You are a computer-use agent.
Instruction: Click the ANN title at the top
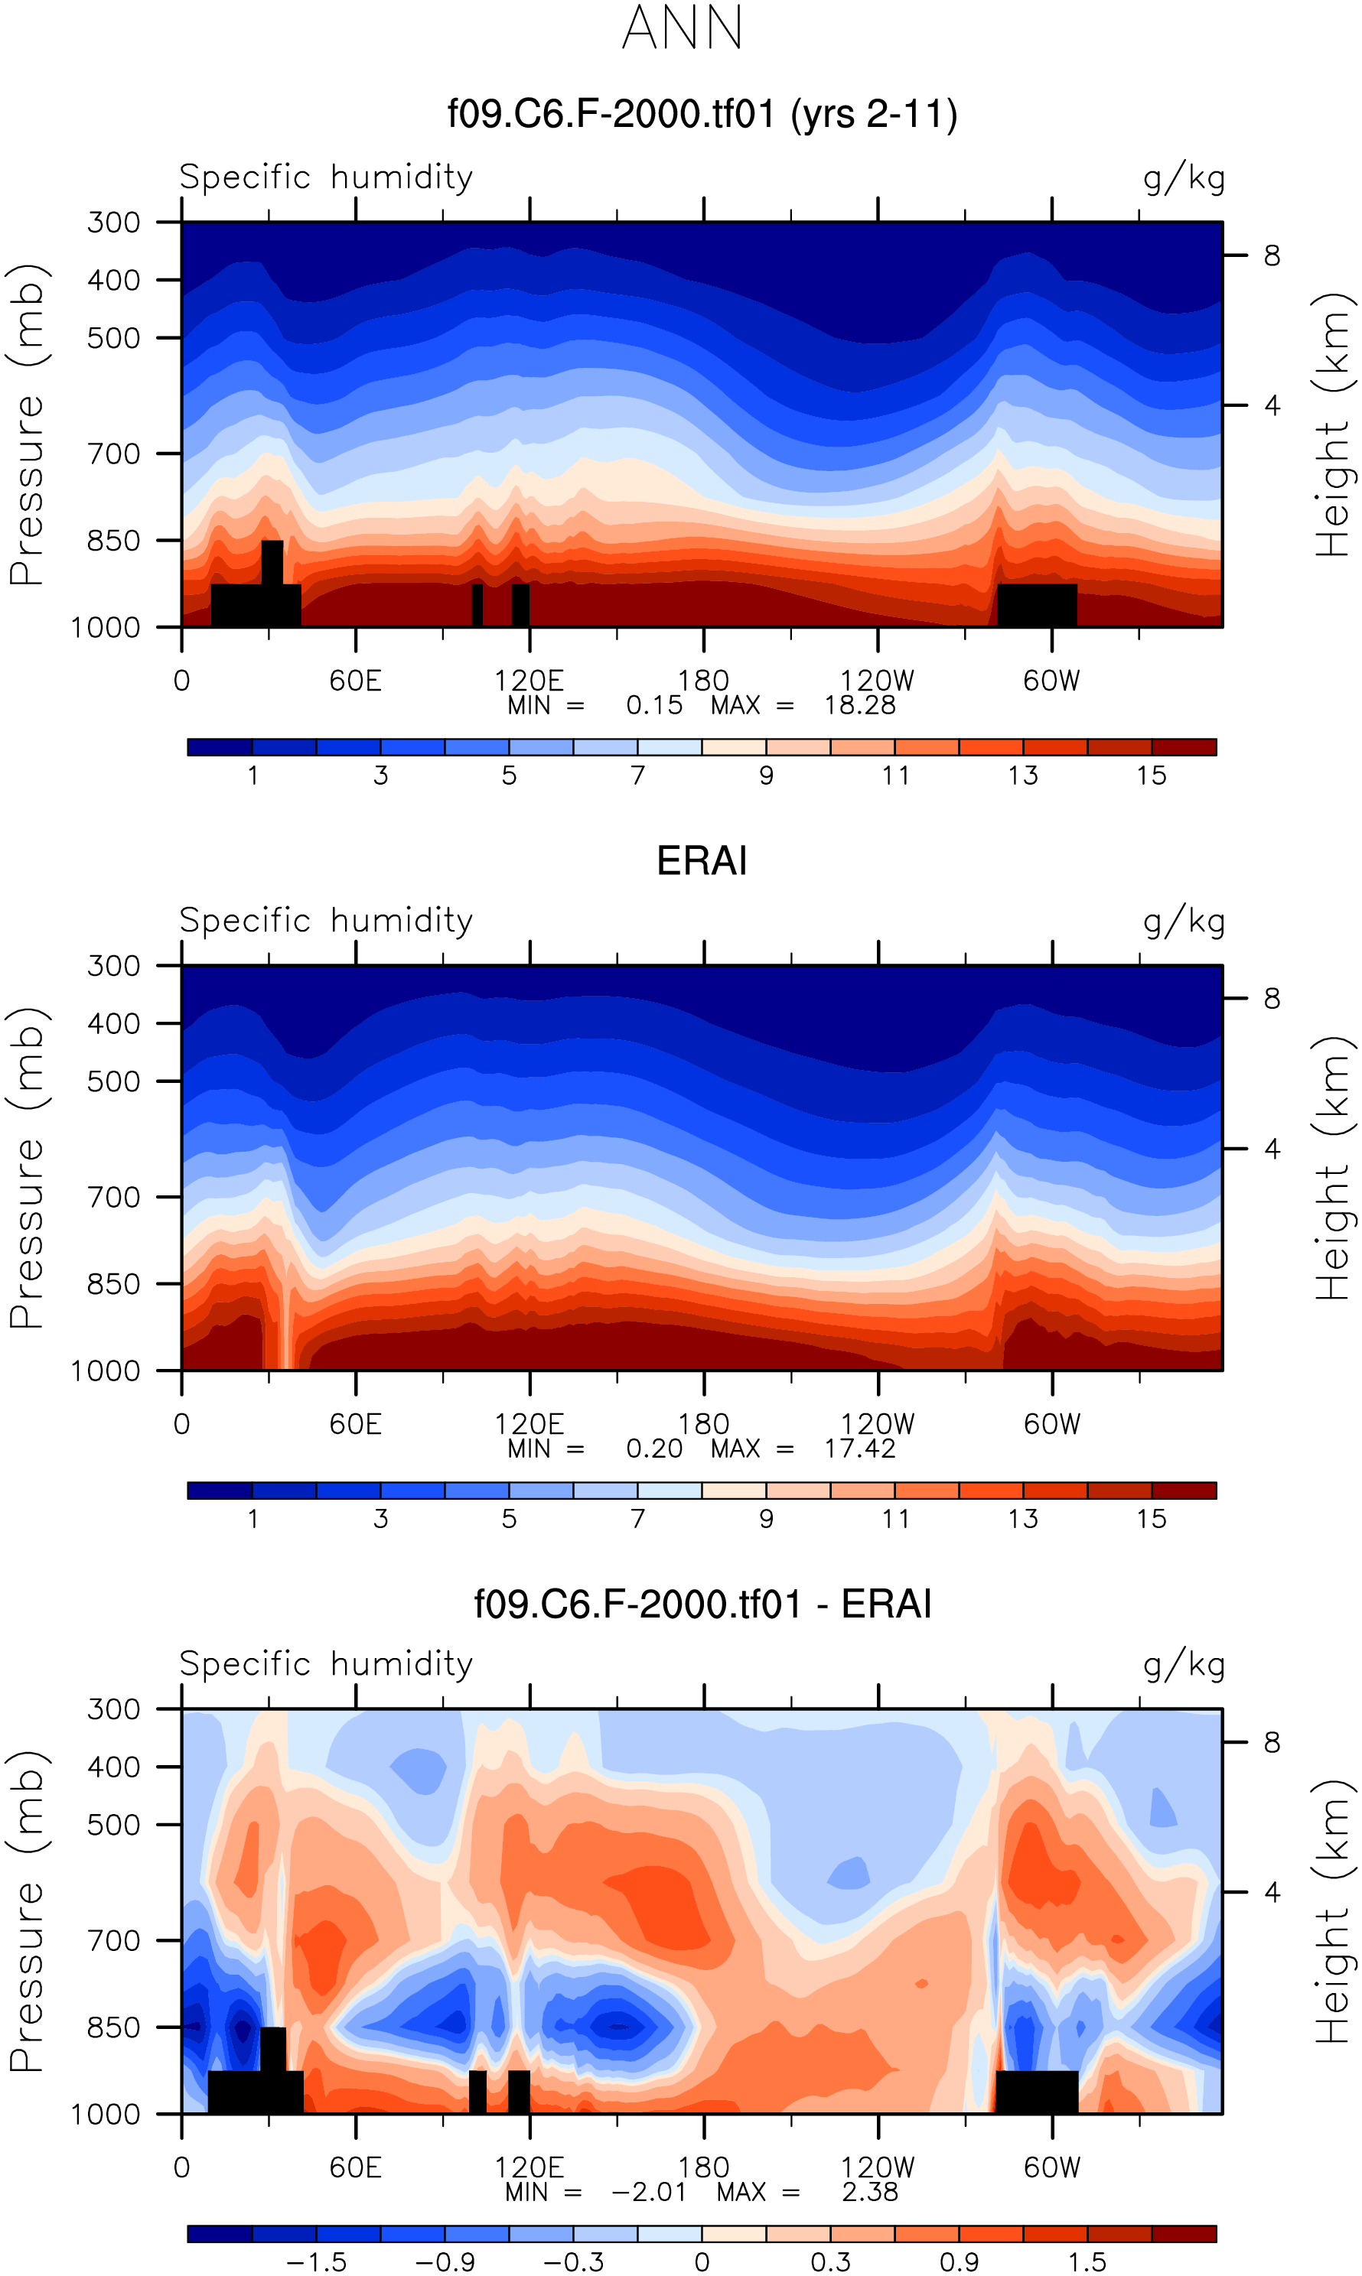[682, 28]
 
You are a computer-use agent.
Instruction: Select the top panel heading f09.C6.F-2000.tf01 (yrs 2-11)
[702, 115]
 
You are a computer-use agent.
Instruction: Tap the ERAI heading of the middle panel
[702, 861]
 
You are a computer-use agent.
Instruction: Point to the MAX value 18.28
[859, 705]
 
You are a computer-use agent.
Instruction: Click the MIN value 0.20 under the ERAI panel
[653, 1449]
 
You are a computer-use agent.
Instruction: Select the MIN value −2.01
[648, 2193]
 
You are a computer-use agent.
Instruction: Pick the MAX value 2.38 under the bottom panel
[869, 2193]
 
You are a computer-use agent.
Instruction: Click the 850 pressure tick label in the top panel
[114, 541]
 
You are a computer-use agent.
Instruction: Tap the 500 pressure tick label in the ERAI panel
[114, 1081]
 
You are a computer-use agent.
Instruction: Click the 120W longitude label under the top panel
[878, 681]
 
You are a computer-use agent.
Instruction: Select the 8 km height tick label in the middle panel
[1271, 998]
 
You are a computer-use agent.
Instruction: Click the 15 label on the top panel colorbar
[1151, 776]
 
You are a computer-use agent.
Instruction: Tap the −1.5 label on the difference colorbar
[316, 2263]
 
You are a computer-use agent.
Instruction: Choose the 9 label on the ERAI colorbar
[767, 1519]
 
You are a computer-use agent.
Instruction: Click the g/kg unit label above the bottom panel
[1184, 1665]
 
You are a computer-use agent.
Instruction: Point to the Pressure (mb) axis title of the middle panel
[28, 1168]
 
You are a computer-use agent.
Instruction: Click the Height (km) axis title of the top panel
[1334, 424]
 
